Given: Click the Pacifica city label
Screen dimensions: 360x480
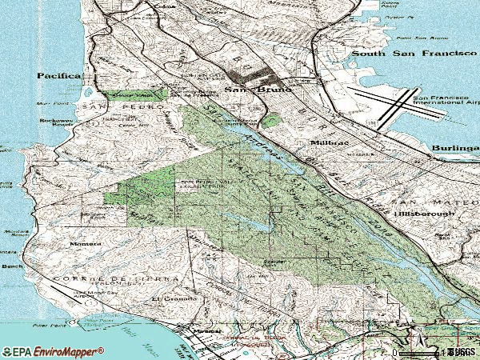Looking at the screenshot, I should point(59,75).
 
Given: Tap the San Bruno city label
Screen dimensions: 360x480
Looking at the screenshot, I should point(244,90).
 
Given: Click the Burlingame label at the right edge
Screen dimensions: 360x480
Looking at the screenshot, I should point(454,149).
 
